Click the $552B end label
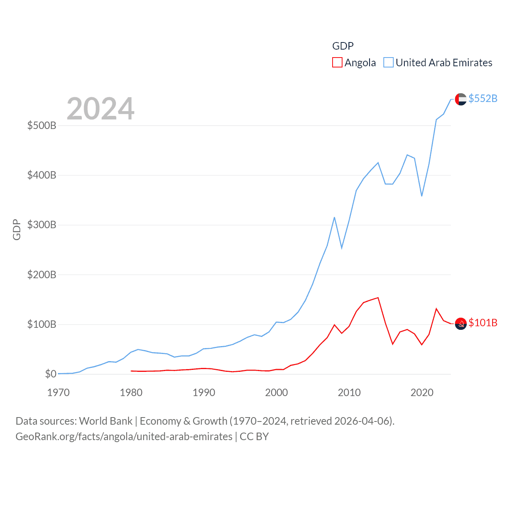(483, 98)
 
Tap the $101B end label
(483, 323)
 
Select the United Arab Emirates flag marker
(460, 99)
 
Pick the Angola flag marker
(460, 324)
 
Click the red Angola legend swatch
(337, 63)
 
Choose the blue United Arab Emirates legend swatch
(389, 63)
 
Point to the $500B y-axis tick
(42, 126)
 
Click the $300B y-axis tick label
(42, 225)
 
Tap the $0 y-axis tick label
(50, 374)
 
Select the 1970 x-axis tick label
(58, 393)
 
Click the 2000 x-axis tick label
(276, 393)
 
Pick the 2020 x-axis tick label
(422, 393)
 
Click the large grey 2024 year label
(100, 109)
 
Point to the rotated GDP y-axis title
(17, 229)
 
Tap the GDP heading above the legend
(343, 46)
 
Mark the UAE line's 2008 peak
(335, 217)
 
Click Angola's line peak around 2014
(378, 298)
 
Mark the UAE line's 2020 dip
(422, 196)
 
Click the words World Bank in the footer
(106, 421)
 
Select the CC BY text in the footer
(254, 437)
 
